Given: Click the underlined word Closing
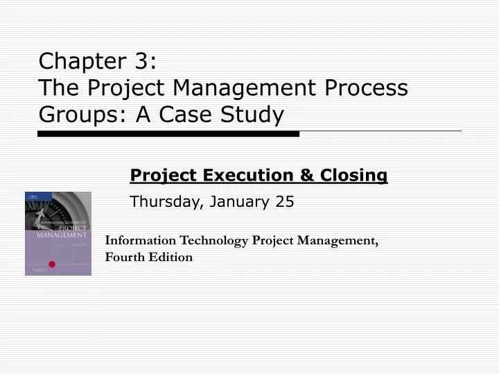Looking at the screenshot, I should click(353, 176).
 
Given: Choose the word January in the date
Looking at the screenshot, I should click(238, 202).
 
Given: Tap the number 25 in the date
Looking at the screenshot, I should click(285, 202).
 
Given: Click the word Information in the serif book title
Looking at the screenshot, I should click(141, 240).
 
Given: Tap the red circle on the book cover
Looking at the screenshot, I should click(51, 263).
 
